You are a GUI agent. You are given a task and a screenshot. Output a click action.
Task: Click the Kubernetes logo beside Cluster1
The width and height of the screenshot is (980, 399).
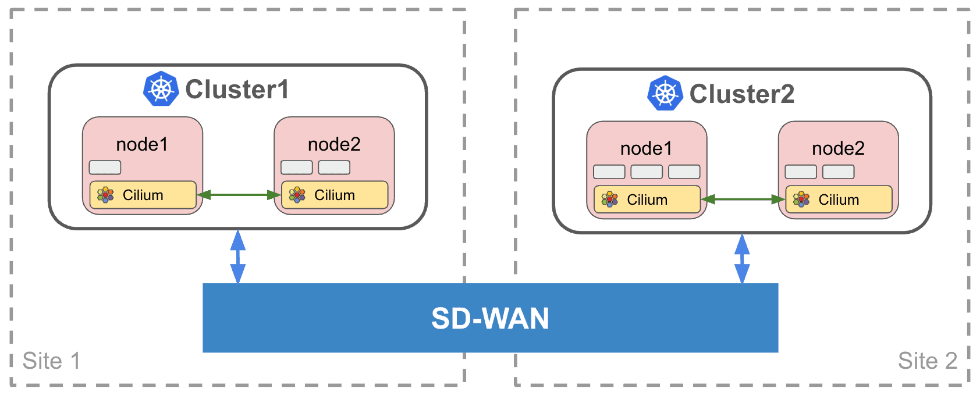pos(161,89)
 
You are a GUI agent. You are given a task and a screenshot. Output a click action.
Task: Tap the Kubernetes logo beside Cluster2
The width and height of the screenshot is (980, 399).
pos(665,93)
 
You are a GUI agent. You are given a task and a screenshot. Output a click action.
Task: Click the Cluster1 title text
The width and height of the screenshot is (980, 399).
pos(237,90)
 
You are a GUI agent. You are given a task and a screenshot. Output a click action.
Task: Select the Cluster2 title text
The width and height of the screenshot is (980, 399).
pos(741,94)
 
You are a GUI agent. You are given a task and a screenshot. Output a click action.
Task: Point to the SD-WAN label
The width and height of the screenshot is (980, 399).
pos(490,318)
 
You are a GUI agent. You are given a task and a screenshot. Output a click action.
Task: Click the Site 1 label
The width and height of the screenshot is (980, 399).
pos(51,361)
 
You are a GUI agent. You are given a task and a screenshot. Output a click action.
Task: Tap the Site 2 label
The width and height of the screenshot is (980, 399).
pos(927,361)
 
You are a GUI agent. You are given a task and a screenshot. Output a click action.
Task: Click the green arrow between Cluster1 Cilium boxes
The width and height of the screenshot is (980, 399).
pos(239,195)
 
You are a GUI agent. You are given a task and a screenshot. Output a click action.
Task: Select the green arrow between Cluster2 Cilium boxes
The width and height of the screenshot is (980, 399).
pos(743,199)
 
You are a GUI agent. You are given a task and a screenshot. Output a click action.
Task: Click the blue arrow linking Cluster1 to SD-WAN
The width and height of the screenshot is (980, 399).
pos(238,256)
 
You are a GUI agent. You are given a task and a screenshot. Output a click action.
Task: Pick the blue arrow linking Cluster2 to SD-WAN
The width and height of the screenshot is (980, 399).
pos(742,259)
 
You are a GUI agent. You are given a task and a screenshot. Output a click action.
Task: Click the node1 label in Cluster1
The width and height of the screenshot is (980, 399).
pos(142,144)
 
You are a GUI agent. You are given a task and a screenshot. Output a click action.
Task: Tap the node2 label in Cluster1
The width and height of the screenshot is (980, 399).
pos(334,144)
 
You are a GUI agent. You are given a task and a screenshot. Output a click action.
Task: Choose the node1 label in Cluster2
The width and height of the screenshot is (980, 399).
pos(646,149)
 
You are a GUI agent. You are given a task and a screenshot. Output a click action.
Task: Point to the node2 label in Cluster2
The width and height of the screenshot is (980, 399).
pos(838,149)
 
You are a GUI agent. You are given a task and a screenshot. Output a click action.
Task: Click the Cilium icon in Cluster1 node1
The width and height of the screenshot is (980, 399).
pos(105,195)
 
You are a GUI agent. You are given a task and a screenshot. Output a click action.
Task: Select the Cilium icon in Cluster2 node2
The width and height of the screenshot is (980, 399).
pos(801,199)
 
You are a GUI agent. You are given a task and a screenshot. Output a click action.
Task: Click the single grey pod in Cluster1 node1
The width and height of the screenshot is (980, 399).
pos(105,168)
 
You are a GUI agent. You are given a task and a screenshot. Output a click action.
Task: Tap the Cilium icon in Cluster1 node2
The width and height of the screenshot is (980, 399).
pos(297,195)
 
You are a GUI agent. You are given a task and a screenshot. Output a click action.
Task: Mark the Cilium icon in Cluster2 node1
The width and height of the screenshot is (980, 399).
pos(609,199)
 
